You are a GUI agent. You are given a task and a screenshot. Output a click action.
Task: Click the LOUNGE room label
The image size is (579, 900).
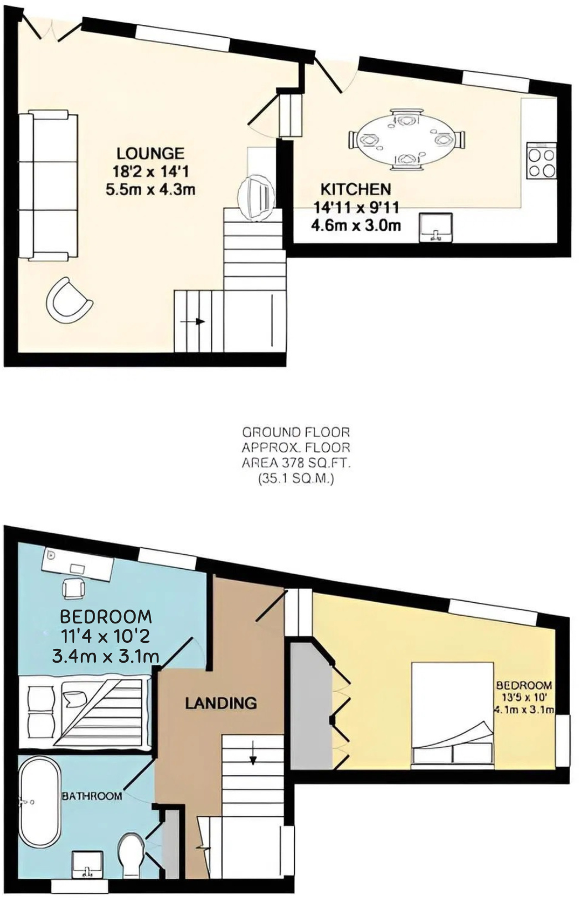pyautogui.click(x=150, y=153)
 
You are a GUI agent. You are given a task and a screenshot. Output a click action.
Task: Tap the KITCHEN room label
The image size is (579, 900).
pyautogui.click(x=355, y=189)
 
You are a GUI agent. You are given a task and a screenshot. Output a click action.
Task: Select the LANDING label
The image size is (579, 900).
pyautogui.click(x=221, y=703)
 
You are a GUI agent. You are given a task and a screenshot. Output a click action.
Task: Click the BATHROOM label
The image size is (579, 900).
pyautogui.click(x=92, y=796)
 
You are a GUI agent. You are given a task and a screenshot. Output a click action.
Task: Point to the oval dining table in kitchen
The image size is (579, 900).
pyautogui.click(x=406, y=139)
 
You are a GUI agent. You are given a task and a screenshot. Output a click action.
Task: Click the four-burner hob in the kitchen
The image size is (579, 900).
pyautogui.click(x=541, y=160)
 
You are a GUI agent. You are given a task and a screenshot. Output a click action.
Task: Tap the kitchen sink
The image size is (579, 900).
pyautogui.click(x=437, y=228)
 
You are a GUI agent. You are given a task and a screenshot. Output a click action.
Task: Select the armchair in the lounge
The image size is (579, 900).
pyautogui.click(x=68, y=301)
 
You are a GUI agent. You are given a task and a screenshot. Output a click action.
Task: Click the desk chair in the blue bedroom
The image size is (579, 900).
pyautogui.click(x=74, y=588)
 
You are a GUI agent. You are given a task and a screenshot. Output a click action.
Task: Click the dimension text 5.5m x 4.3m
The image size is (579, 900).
pyautogui.click(x=150, y=190)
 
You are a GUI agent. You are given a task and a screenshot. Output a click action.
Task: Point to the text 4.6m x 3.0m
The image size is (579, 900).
pyautogui.click(x=355, y=225)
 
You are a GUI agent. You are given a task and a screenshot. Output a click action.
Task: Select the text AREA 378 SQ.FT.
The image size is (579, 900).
pyautogui.click(x=296, y=462)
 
